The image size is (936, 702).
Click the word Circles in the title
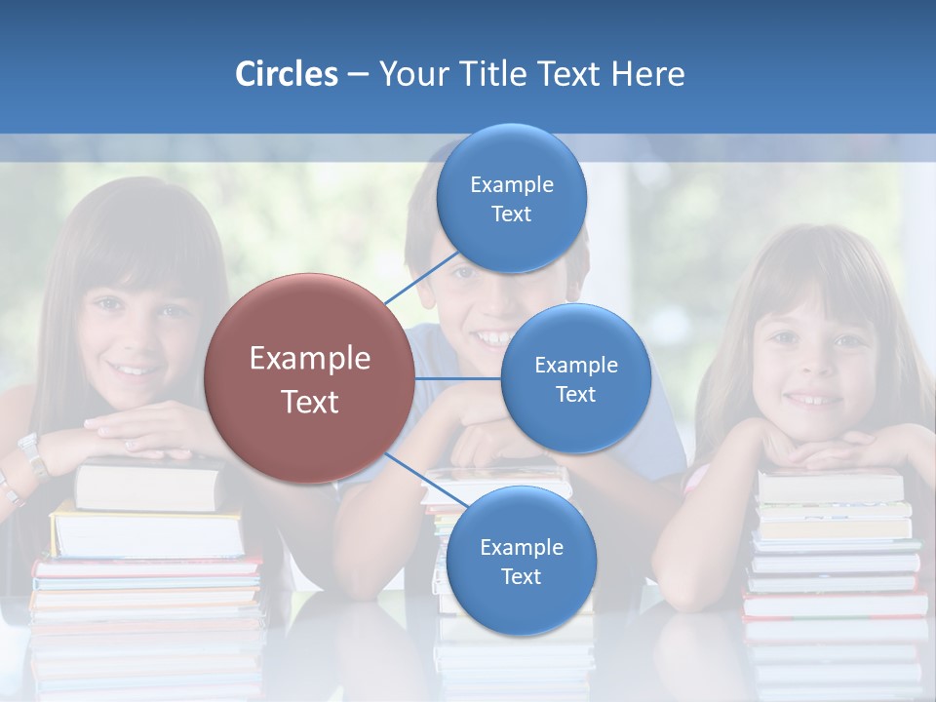286,74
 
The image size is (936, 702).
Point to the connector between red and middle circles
457,378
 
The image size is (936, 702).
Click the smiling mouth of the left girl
130,369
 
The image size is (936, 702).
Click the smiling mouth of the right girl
808,399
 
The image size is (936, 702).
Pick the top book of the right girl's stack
831,486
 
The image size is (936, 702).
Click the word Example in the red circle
309,359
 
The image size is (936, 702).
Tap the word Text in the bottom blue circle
521,576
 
